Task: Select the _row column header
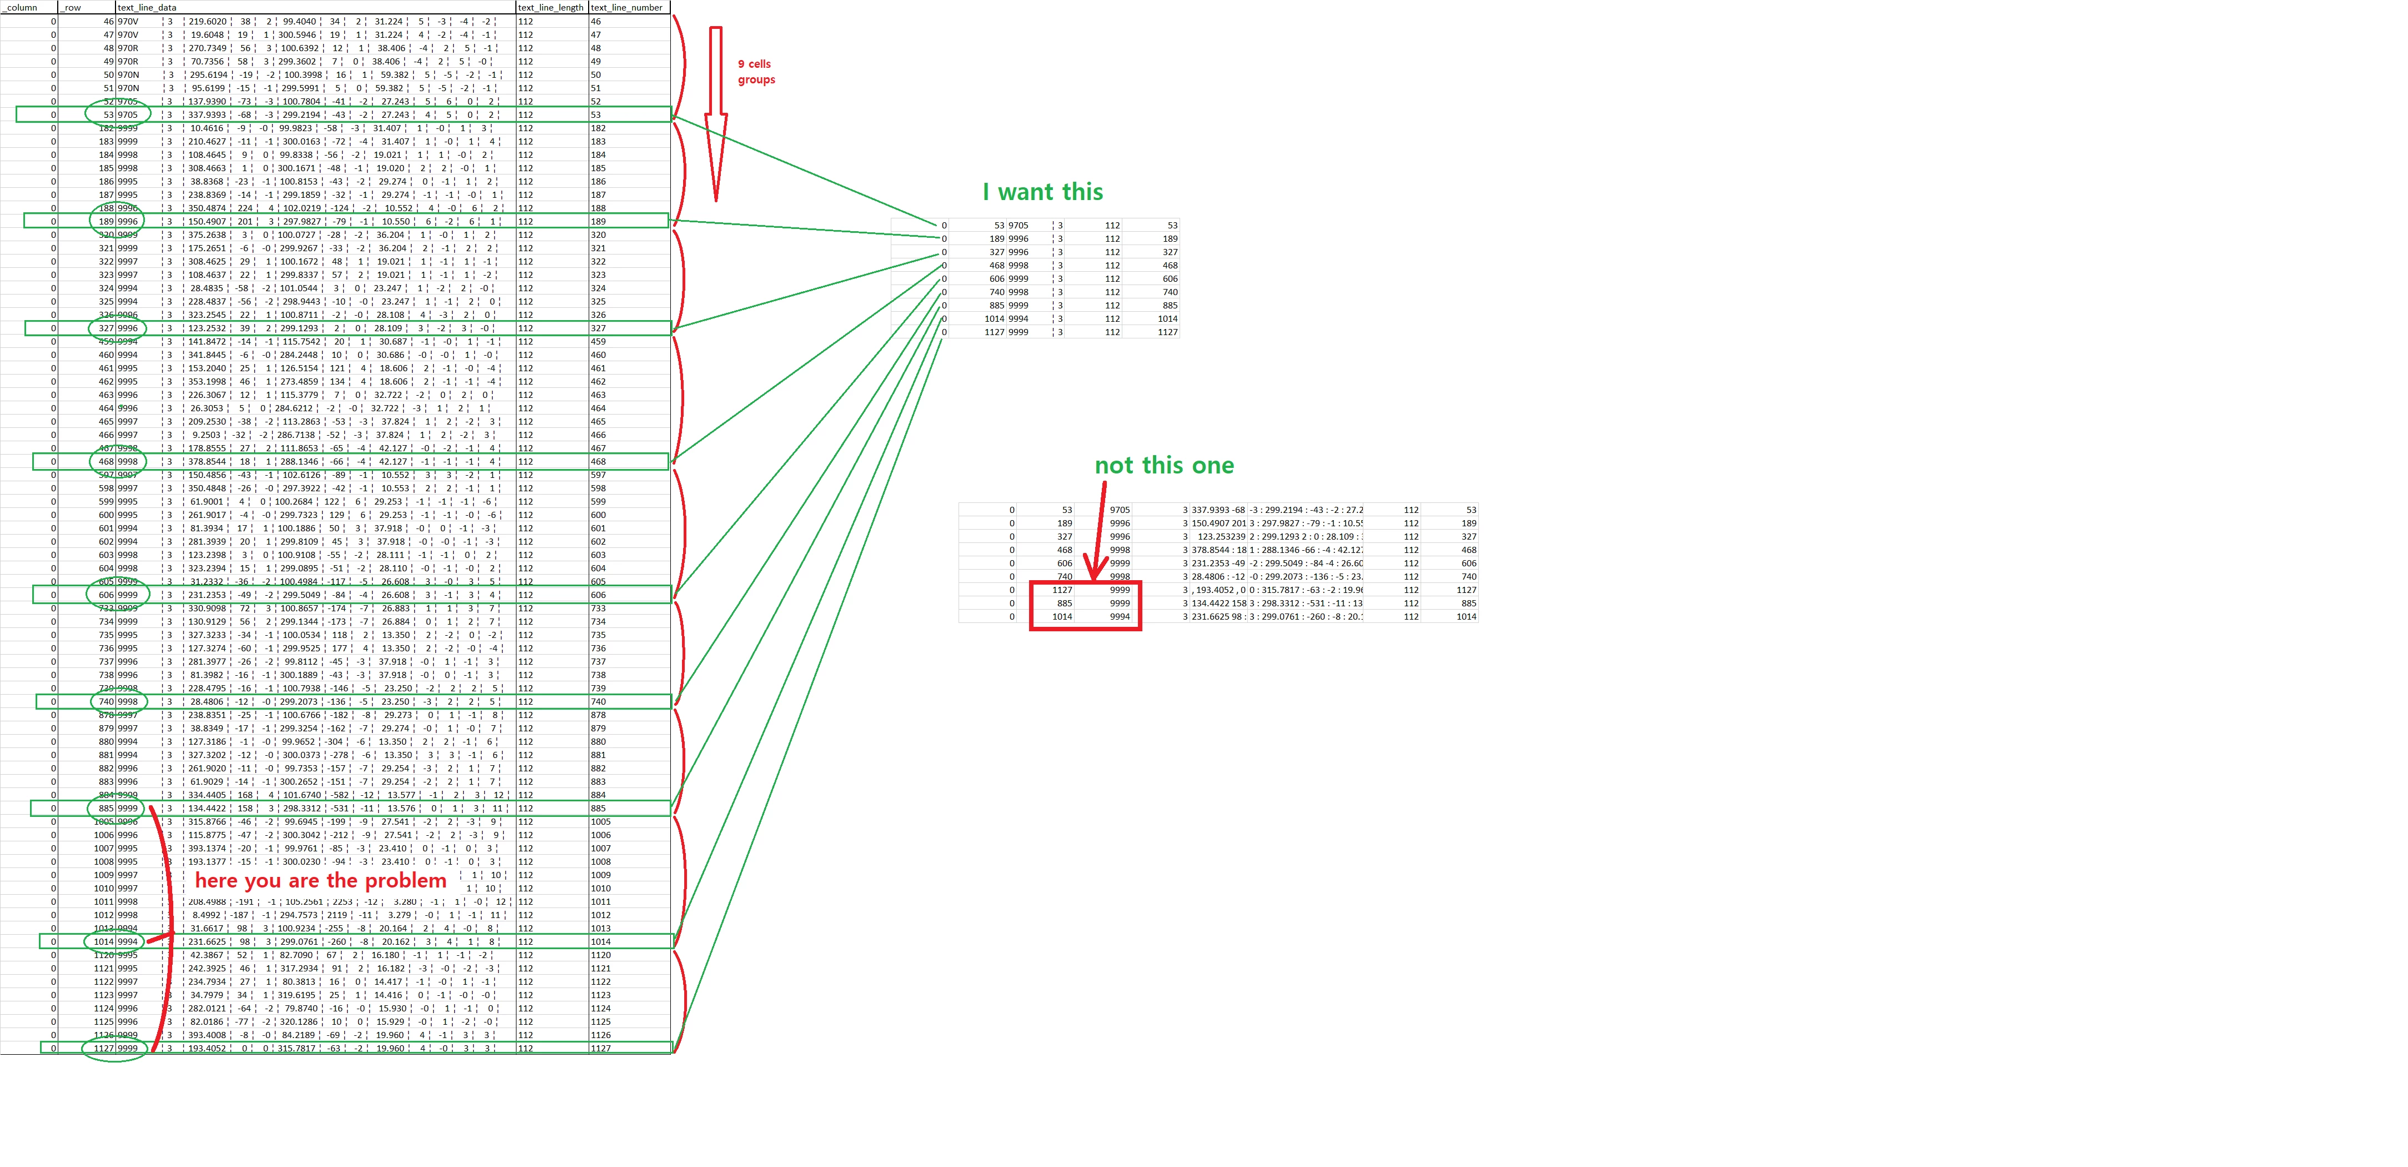(72, 7)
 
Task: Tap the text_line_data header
(147, 7)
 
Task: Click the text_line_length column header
(550, 7)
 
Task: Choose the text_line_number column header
(626, 7)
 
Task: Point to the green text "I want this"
(1042, 192)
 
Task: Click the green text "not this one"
(1164, 466)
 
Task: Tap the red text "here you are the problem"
(320, 881)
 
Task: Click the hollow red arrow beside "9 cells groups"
(716, 112)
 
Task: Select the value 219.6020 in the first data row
(208, 22)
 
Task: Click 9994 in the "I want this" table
(1018, 319)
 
